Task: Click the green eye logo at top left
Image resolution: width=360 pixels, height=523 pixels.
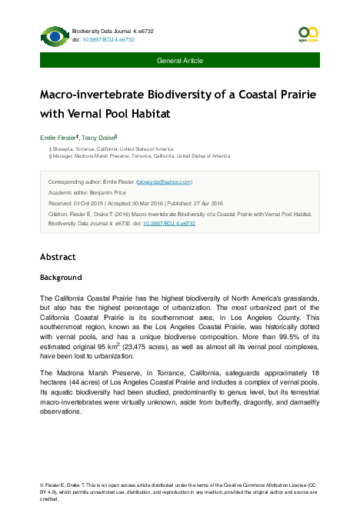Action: [55, 36]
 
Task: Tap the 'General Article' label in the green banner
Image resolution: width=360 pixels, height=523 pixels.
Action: [180, 60]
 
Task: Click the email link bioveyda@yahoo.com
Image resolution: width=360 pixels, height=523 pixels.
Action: [164, 182]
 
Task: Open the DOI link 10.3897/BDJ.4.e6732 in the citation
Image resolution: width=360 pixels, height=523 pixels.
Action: [169, 223]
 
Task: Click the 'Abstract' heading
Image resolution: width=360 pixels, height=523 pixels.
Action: [58, 257]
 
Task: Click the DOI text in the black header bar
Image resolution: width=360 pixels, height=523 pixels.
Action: [108, 38]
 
